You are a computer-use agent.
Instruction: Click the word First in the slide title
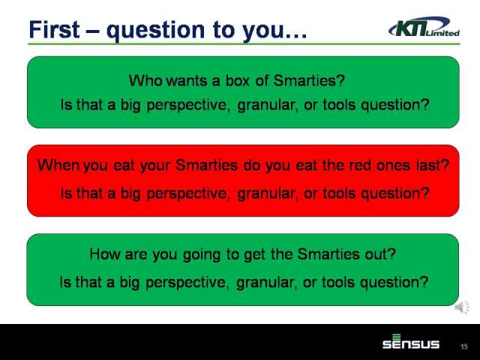tap(55, 30)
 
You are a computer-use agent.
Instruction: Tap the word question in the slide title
tap(156, 31)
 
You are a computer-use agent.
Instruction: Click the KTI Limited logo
tap(424, 27)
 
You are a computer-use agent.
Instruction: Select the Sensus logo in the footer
tap(411, 342)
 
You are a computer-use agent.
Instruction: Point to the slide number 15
tap(464, 346)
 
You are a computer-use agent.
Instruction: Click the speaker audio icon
tap(462, 307)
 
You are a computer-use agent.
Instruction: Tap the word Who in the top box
tap(145, 81)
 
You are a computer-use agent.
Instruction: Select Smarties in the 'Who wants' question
tap(309, 81)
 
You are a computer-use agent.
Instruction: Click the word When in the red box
tap(58, 165)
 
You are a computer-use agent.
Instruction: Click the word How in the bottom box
tap(105, 254)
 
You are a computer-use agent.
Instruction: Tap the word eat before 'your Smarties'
tap(124, 166)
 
